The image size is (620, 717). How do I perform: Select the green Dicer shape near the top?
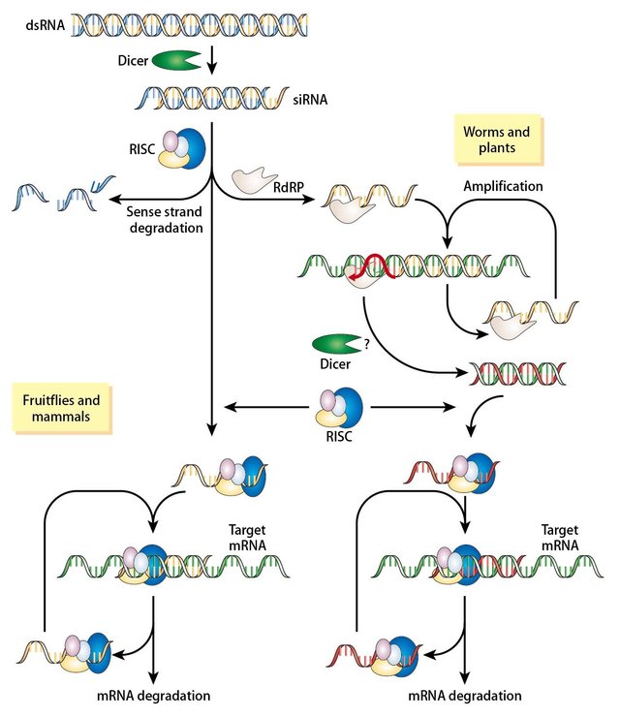coord(177,62)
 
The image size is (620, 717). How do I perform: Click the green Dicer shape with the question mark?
coord(336,345)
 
